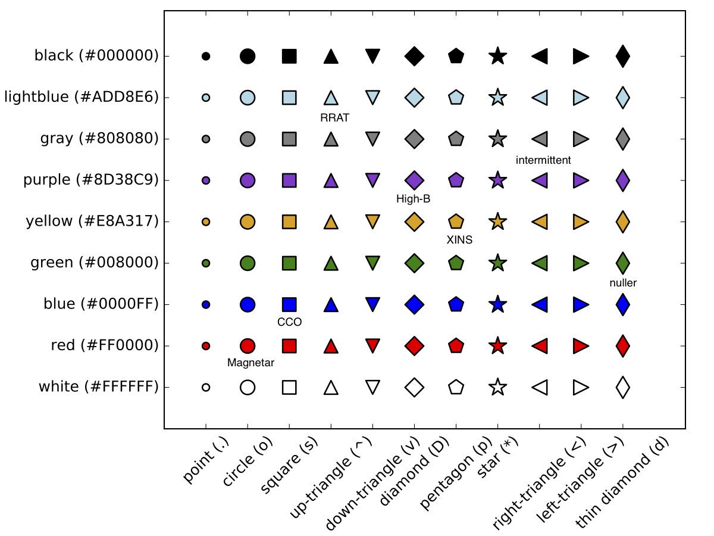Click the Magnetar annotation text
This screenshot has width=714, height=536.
[251, 363]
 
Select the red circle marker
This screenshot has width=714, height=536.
[248, 346]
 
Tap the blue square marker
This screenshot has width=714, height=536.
[289, 304]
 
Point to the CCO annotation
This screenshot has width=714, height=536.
[290, 322]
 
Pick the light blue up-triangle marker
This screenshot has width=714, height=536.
[331, 98]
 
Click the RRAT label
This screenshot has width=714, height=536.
[334, 118]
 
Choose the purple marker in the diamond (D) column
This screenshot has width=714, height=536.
[414, 180]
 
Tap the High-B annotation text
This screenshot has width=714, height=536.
[414, 199]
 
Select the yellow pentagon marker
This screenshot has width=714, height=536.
[456, 222]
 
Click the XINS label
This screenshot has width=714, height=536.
[459, 240]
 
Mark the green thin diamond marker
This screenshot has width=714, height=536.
[623, 263]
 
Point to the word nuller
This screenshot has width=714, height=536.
[623, 283]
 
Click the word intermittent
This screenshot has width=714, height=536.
[543, 160]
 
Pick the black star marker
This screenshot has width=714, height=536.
[498, 57]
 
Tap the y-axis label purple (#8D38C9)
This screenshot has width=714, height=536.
[91, 180]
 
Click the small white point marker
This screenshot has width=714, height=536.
[206, 387]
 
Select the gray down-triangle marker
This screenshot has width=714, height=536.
[372, 138]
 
